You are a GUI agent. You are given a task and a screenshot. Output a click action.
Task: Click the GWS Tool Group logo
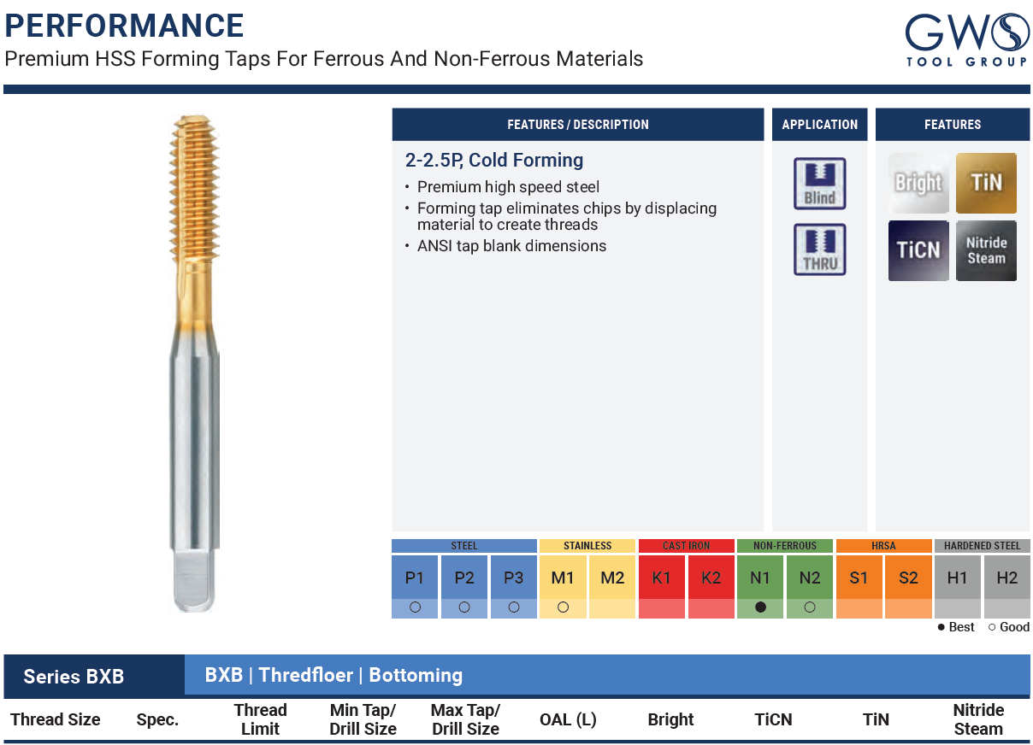coord(966,40)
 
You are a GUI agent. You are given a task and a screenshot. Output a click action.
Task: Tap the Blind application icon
coord(819,184)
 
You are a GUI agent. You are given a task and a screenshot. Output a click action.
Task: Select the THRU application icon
coord(819,249)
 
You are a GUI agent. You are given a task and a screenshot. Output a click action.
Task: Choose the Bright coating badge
coord(918,183)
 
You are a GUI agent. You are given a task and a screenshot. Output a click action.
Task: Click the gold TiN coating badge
coord(986,183)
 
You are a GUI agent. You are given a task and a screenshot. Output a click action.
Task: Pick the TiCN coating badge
coord(918,250)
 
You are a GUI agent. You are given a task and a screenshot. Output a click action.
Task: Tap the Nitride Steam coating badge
coord(986,250)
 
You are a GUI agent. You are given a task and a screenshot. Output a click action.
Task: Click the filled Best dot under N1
coord(760,607)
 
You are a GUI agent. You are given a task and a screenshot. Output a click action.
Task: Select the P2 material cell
coord(464,578)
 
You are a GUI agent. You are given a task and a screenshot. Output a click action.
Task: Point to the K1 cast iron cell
coord(661,578)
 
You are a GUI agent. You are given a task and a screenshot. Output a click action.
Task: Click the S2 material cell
coord(908,578)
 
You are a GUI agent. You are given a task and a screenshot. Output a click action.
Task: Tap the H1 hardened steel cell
coord(958,578)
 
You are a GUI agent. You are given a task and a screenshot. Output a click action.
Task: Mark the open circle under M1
coord(563,607)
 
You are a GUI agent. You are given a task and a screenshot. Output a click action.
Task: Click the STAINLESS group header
coord(587,545)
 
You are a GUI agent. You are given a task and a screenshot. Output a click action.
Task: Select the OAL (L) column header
coord(568,719)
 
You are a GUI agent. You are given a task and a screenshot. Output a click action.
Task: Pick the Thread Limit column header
coord(260,719)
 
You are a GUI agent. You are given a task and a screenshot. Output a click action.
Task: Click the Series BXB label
coord(74,677)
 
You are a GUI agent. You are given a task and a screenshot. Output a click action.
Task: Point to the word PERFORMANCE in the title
coord(124,26)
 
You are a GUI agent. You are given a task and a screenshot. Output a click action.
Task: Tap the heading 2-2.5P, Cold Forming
coord(494,161)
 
